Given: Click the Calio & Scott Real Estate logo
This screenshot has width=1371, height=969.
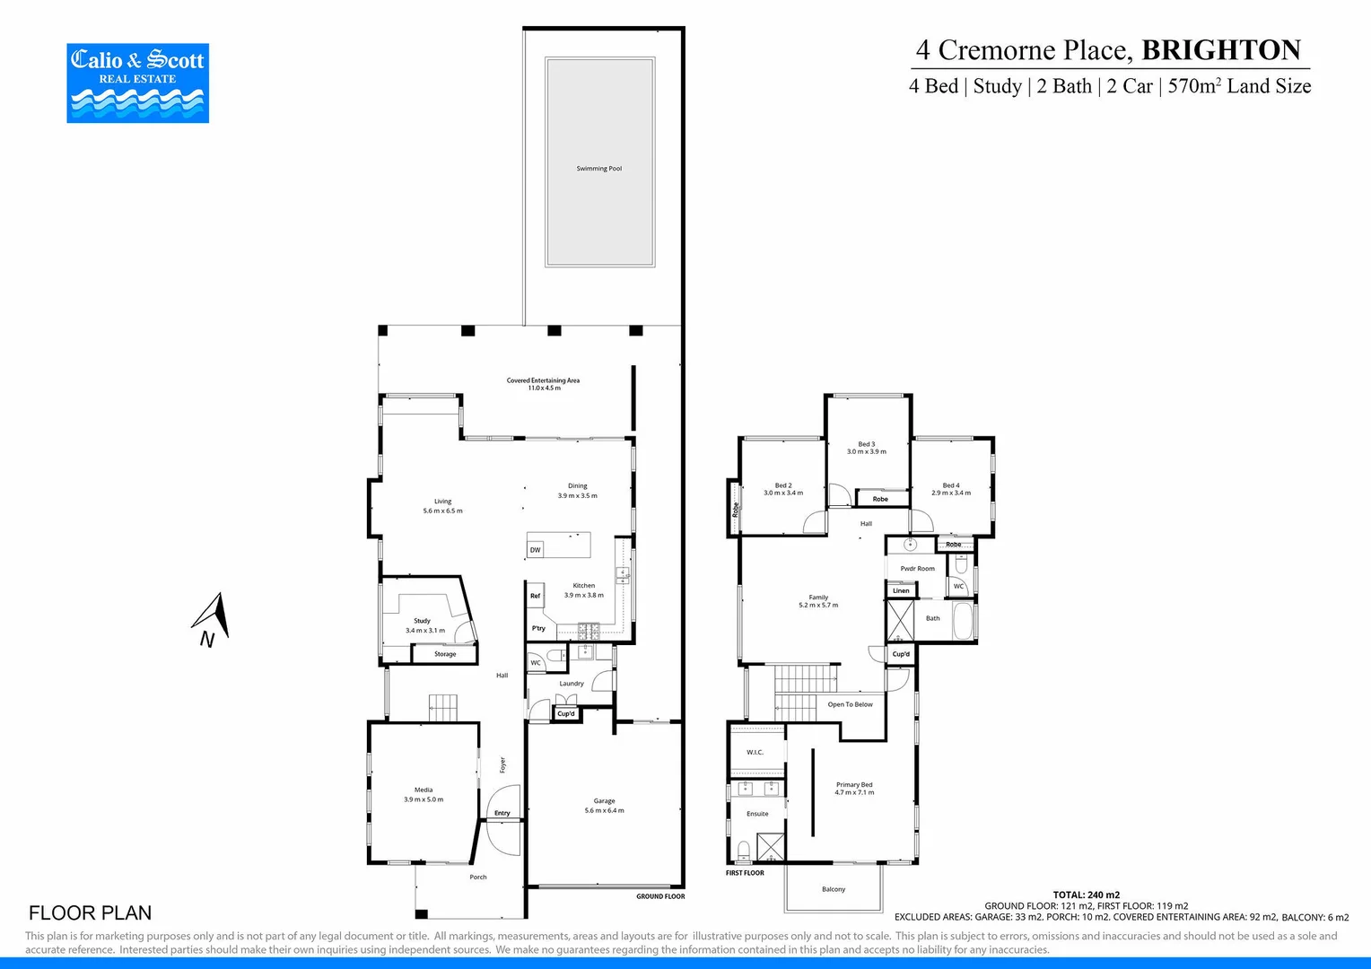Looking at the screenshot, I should [x=137, y=83].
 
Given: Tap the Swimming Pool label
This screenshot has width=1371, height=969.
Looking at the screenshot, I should [x=598, y=169].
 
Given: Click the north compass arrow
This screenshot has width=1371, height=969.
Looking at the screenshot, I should [x=213, y=618].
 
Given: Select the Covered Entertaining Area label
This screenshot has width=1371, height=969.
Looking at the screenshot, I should [x=543, y=380].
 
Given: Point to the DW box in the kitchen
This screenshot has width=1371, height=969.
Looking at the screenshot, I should [x=535, y=550].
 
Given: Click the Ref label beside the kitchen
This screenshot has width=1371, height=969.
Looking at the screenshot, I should [x=535, y=596].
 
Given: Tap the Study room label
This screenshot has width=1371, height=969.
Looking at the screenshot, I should [x=422, y=621].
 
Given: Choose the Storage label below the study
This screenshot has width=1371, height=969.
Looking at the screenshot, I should [x=445, y=654].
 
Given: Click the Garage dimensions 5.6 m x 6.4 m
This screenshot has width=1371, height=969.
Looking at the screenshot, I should [x=604, y=810].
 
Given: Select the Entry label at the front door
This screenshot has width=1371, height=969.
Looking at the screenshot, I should [x=502, y=813].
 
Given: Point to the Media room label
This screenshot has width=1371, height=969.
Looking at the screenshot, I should [x=424, y=790].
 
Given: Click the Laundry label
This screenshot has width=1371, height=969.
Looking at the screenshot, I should [x=572, y=684].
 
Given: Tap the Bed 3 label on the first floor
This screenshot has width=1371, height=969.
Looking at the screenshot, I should [x=866, y=444].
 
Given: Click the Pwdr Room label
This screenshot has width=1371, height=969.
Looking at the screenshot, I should [x=917, y=569].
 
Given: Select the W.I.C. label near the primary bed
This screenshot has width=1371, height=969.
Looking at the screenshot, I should [x=755, y=753].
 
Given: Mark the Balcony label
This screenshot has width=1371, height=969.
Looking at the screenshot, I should [x=834, y=889].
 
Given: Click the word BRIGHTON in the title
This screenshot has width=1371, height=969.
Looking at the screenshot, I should [x=1221, y=50].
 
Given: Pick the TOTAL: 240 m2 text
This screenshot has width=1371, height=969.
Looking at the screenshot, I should [x=1086, y=895].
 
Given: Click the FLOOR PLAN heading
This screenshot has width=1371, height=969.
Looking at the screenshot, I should [x=90, y=912].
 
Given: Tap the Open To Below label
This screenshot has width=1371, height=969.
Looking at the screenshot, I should [x=850, y=704].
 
